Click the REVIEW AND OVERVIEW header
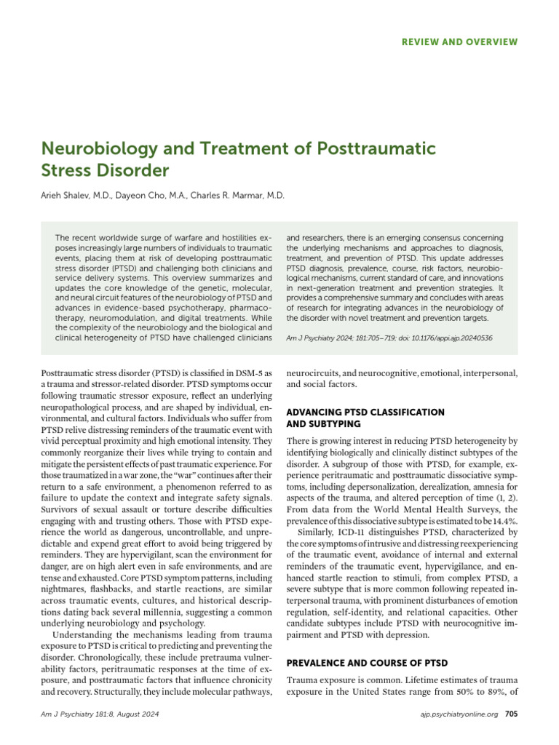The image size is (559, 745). coord(459,42)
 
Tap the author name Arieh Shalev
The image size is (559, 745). coord(71,196)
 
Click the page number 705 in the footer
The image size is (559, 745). coord(511,714)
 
